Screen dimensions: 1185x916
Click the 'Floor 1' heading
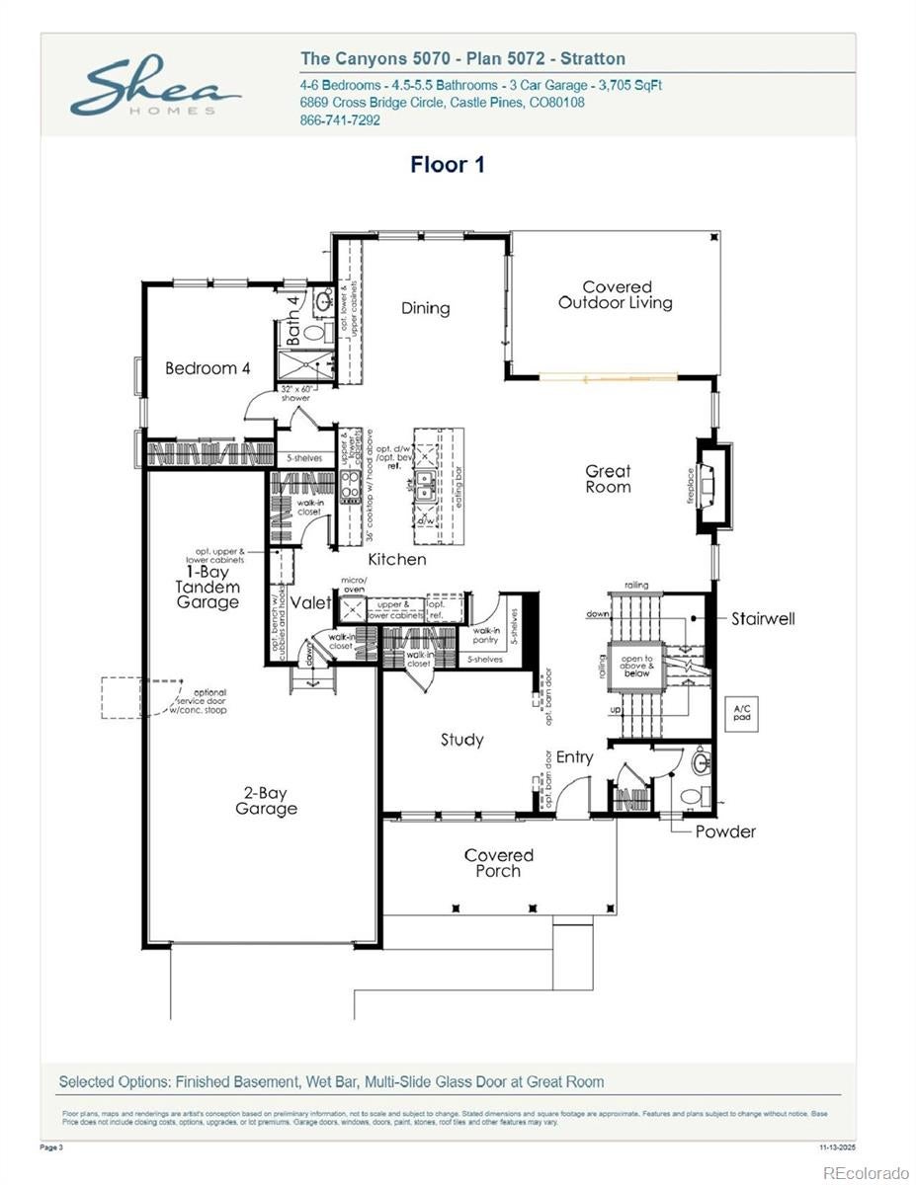coord(448,165)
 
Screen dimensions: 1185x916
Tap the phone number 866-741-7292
coord(340,120)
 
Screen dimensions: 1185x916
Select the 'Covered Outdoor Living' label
coord(616,295)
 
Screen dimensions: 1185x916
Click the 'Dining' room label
coord(425,308)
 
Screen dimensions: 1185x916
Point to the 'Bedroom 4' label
coord(208,368)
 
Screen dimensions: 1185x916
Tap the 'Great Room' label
coord(608,479)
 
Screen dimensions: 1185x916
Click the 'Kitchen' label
coord(398,559)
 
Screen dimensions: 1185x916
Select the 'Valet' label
coord(311,602)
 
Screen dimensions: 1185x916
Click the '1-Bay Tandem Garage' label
coord(208,587)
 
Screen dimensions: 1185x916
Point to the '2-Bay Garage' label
coord(266,801)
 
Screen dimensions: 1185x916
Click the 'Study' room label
coord(461,739)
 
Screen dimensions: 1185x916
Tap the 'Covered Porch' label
coord(498,863)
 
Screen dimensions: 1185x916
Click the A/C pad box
coord(740,713)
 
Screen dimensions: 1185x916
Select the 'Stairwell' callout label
coord(763,619)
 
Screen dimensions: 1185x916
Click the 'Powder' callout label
coord(725,831)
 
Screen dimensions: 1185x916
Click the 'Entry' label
coord(574,757)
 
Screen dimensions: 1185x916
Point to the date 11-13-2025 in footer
coord(838,1147)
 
